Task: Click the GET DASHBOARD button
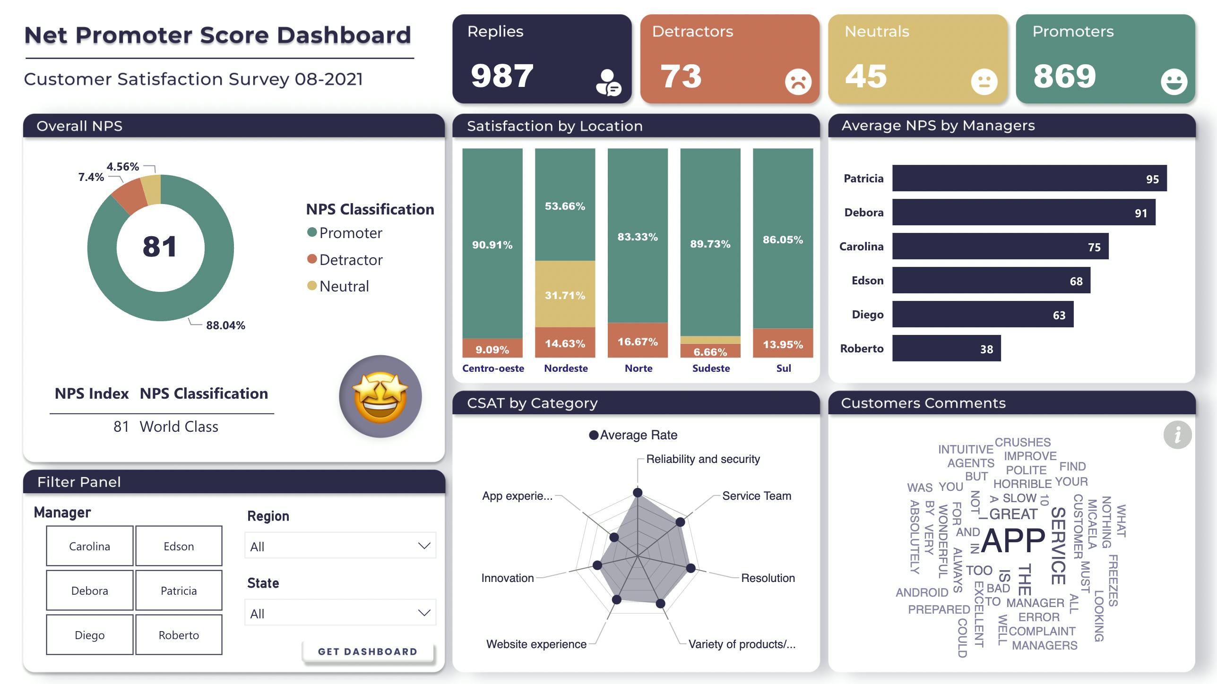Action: point(368,651)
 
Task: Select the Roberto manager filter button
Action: point(179,635)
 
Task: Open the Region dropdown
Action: point(340,546)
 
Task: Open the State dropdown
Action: point(340,613)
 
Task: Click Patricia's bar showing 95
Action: point(1029,179)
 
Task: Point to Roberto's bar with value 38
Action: point(946,349)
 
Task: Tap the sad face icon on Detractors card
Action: point(798,82)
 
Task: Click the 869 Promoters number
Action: point(1064,76)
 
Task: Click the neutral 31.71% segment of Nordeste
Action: point(565,295)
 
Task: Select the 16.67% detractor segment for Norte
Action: point(638,341)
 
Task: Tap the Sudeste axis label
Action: point(711,368)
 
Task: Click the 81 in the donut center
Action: point(160,247)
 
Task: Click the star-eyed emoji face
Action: point(380,396)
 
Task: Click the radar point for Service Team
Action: point(680,522)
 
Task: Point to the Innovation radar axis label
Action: point(508,578)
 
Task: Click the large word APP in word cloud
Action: point(1013,540)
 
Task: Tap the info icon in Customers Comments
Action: point(1177,435)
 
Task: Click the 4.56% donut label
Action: point(122,167)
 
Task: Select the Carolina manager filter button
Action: point(89,546)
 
